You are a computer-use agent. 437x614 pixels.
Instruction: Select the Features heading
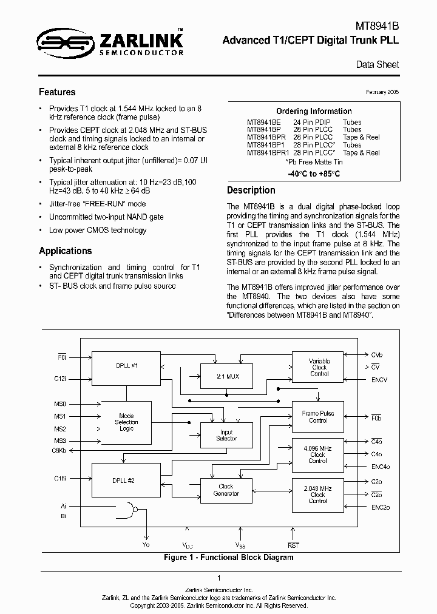[x=57, y=92]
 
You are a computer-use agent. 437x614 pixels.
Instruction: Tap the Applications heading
[x=66, y=251]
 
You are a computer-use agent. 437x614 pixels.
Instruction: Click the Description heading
[x=251, y=190]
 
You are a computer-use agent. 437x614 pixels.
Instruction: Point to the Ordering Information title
[x=314, y=111]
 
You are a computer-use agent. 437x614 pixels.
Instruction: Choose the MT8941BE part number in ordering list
[x=263, y=121]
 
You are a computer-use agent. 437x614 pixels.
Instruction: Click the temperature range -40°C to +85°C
[x=313, y=174]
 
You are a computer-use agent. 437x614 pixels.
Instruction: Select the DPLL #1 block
[x=127, y=366]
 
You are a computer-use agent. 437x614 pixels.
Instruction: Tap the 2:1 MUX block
[x=226, y=376]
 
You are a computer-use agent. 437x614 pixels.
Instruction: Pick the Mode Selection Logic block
[x=126, y=422]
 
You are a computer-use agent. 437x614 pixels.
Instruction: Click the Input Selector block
[x=226, y=435]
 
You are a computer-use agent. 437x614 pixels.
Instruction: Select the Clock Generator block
[x=226, y=490]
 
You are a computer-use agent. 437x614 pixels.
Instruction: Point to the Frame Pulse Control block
[x=318, y=417]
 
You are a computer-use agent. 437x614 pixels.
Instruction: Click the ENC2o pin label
[x=380, y=506]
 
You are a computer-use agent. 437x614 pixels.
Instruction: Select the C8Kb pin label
[x=59, y=450]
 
